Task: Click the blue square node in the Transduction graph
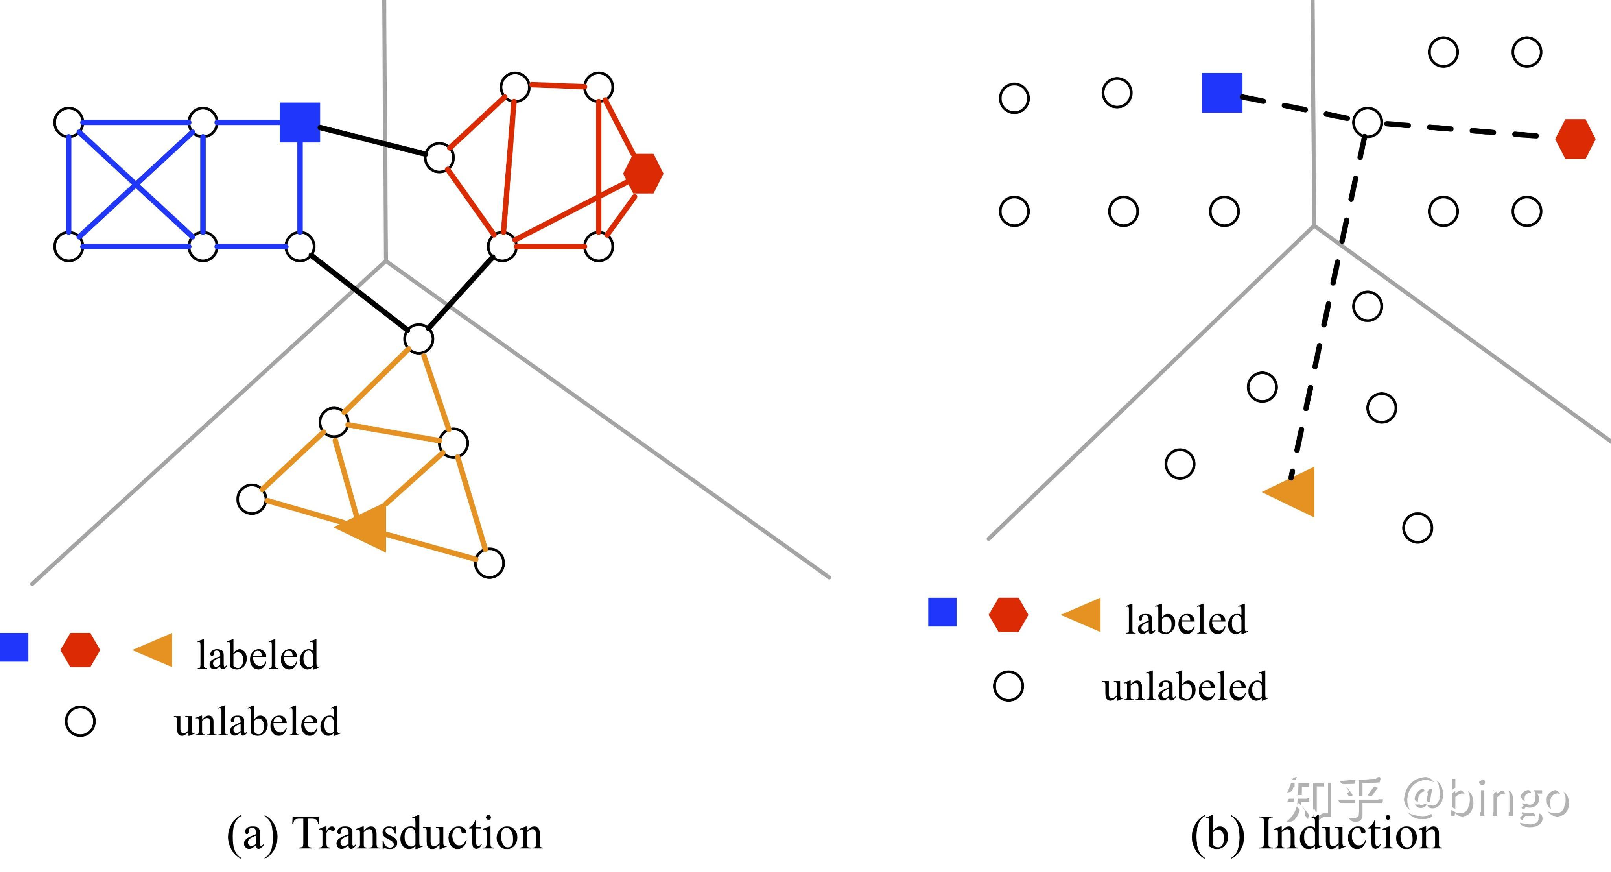300,122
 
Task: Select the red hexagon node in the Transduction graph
643,173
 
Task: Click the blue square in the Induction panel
1221,92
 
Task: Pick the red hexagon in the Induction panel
1575,139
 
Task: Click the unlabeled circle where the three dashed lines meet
1367,122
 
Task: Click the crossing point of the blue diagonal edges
136,185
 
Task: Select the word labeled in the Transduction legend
258,655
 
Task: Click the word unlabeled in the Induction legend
1185,686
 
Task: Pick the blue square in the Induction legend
942,612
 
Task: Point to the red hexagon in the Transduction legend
80,650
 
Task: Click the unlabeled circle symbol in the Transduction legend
81,721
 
